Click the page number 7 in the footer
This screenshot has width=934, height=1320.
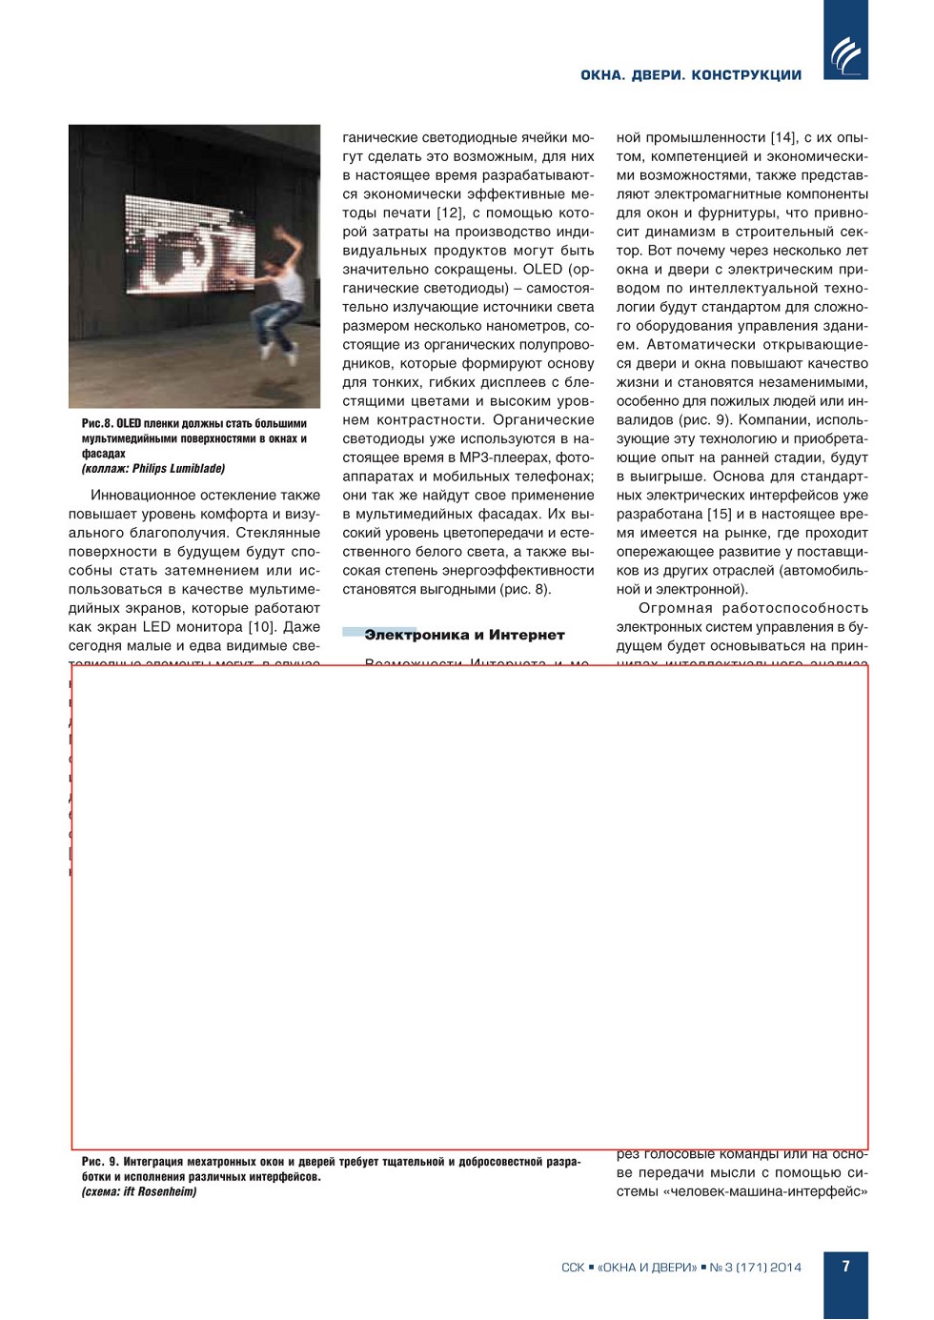[x=845, y=1267]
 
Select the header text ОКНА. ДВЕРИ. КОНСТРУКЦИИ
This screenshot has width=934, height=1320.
[x=691, y=75]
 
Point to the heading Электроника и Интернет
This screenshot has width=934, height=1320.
[x=464, y=635]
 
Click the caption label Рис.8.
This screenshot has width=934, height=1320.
[x=97, y=423]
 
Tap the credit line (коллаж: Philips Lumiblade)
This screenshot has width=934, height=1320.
[x=153, y=469]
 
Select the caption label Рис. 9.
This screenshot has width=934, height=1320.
[x=100, y=1162]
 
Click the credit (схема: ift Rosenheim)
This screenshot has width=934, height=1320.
[x=139, y=1191]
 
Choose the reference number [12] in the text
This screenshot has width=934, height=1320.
[x=449, y=213]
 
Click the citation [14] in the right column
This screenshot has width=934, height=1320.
[x=783, y=137]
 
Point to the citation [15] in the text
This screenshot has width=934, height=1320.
[x=720, y=514]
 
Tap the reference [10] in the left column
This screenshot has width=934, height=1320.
[x=261, y=627]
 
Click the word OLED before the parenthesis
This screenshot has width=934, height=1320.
[x=542, y=269]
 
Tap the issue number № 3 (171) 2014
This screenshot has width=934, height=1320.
[x=756, y=1268]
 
